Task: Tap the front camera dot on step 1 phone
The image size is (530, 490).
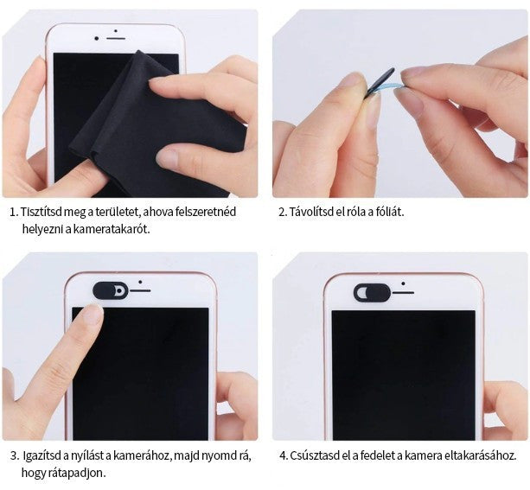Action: (97, 39)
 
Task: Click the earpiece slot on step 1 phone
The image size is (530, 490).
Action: (116, 39)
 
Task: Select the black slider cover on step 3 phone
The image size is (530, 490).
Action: (111, 290)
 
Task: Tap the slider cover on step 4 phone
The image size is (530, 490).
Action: (372, 292)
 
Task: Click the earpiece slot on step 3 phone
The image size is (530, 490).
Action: (140, 290)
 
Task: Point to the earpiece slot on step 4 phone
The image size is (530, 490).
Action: (403, 292)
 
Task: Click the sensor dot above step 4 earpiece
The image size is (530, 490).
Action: (403, 283)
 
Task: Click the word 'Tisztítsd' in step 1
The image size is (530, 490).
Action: (42, 212)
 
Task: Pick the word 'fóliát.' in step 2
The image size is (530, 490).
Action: (390, 212)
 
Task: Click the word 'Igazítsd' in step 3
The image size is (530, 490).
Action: (42, 455)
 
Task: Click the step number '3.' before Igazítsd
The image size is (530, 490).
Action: (15, 456)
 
